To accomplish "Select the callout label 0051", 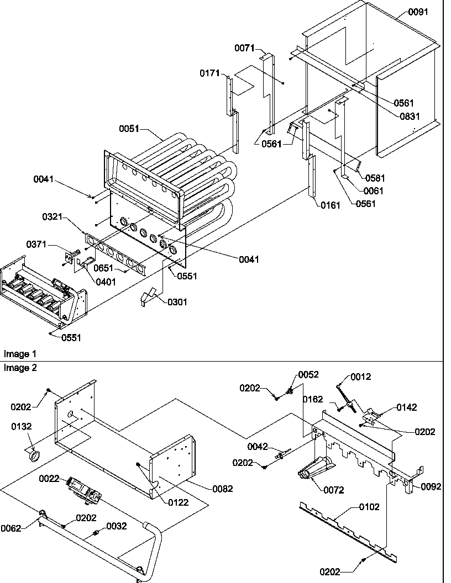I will coord(128,129).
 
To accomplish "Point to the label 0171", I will coord(209,73).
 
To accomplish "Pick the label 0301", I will coord(177,302).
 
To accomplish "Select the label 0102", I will coord(369,507).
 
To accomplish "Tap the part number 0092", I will coord(431,487).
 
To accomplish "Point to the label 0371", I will coord(36,244).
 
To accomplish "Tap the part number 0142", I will coord(406,407).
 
